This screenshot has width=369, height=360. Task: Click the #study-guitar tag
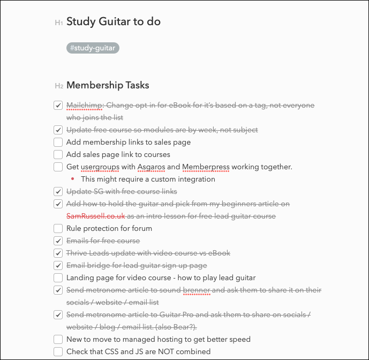pos(93,48)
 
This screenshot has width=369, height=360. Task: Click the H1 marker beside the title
pos(59,22)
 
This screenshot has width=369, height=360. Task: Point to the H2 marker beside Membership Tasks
pos(59,86)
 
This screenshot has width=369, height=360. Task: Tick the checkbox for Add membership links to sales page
pos(58,142)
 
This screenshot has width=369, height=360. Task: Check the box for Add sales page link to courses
pos(58,155)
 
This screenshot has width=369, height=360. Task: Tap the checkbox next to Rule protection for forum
pos(58,229)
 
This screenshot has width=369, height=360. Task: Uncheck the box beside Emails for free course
pos(58,241)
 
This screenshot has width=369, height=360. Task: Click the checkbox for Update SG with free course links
pos(58,192)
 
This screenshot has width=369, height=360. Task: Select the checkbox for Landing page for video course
pos(58,278)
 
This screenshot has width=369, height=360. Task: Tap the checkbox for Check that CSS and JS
pos(58,352)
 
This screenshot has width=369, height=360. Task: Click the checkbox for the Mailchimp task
pos(58,106)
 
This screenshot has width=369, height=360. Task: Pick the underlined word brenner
pos(197,290)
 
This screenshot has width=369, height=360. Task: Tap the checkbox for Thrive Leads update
pos(58,253)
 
